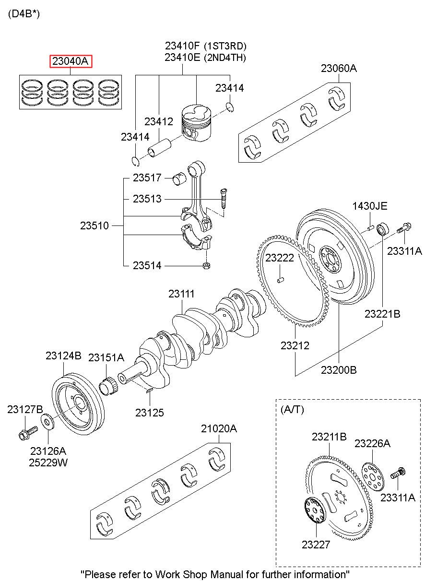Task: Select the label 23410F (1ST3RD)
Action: pos(205,47)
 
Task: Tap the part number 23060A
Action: pos(339,68)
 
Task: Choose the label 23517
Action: pos(147,178)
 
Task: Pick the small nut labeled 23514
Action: pos(207,265)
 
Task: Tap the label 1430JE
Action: pos(370,206)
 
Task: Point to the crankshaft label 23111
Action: pos(181,294)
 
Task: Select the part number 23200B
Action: pos(339,370)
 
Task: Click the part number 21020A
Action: pos(219,428)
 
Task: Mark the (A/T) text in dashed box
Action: pos(292,409)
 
